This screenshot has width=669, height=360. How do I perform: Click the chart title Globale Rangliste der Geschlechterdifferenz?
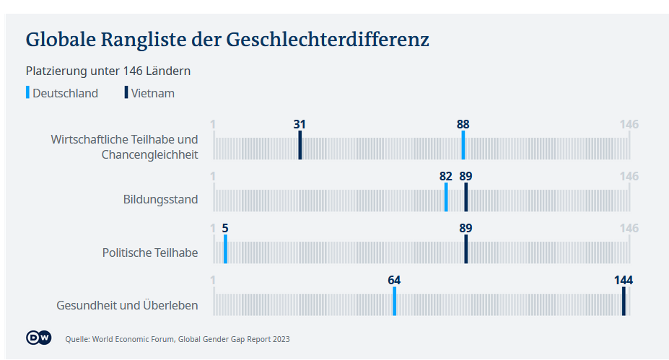click(227, 39)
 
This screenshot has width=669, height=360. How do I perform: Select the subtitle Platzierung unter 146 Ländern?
click(108, 71)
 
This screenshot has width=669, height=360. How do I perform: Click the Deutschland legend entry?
click(64, 93)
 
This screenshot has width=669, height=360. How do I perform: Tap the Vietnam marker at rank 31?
click(300, 145)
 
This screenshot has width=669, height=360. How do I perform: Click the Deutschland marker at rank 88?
click(463, 145)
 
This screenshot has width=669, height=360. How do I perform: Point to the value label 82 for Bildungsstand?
click(445, 176)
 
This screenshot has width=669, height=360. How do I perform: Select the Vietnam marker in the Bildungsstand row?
click(466, 197)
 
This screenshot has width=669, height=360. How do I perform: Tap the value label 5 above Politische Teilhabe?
click(225, 228)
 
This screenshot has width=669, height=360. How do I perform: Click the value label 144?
click(624, 280)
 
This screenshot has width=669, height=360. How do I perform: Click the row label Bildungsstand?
click(160, 199)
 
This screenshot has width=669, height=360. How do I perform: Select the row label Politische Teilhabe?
click(150, 253)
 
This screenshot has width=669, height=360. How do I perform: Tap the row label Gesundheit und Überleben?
click(127, 305)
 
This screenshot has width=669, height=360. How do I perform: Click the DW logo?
click(38, 338)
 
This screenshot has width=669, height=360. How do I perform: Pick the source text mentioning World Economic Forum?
click(178, 338)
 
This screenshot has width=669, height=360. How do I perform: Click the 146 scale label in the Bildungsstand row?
click(629, 176)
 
